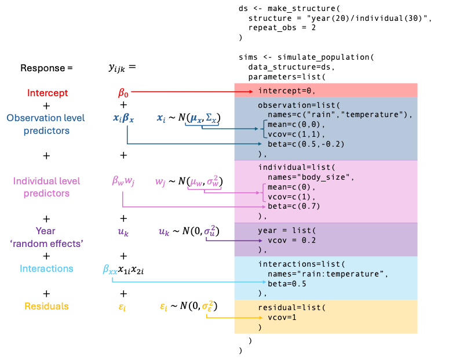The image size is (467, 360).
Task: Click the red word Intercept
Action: coord(47,93)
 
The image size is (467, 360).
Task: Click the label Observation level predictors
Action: coord(46,124)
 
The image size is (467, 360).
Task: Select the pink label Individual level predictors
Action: coord(46,187)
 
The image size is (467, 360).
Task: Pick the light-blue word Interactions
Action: coord(46,268)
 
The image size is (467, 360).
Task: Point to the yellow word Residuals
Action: coord(46,306)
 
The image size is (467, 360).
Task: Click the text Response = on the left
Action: coord(46,67)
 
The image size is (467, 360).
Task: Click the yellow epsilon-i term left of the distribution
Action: coord(122,307)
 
